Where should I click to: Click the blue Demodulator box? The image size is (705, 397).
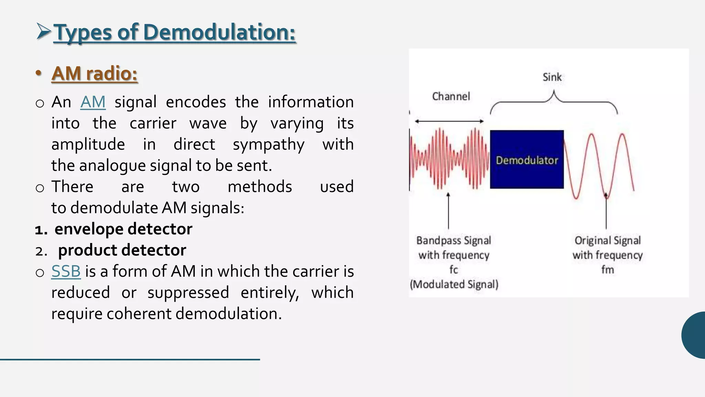(527, 159)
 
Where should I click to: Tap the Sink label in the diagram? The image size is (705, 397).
(552, 77)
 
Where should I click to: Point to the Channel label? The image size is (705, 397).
(451, 96)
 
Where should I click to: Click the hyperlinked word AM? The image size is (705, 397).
(93, 102)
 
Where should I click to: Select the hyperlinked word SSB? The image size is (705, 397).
(66, 271)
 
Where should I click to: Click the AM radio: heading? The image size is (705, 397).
(94, 73)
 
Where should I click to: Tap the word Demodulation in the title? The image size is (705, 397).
(219, 32)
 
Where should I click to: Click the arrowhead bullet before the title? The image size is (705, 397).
(43, 31)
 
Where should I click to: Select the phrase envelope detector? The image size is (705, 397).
(123, 229)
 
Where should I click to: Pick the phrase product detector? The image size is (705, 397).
(122, 250)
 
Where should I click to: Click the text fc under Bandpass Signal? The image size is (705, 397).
(454, 269)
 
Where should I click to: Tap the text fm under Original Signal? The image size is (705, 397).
(608, 269)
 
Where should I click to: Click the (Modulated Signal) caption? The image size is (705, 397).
(454, 284)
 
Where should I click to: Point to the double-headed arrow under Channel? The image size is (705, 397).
(449, 121)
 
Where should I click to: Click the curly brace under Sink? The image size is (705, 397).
(554, 102)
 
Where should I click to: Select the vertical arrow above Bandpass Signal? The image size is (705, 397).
(448, 211)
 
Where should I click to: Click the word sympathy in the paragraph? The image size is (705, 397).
(269, 144)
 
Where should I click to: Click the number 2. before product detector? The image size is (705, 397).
(41, 251)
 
